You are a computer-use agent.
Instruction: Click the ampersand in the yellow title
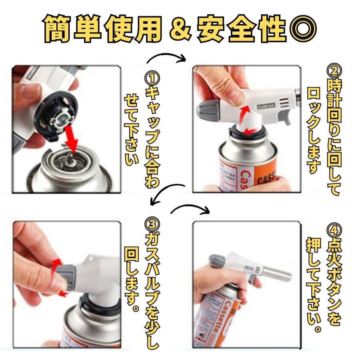click(180, 29)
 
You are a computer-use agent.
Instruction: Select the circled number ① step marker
click(152, 79)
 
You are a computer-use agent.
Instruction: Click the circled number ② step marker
click(334, 71)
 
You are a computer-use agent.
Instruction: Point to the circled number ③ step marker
click(152, 225)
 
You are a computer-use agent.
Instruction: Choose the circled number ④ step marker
click(334, 230)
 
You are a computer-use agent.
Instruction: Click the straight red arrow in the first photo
click(70, 140)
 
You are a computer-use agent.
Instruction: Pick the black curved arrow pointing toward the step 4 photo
click(190, 209)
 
